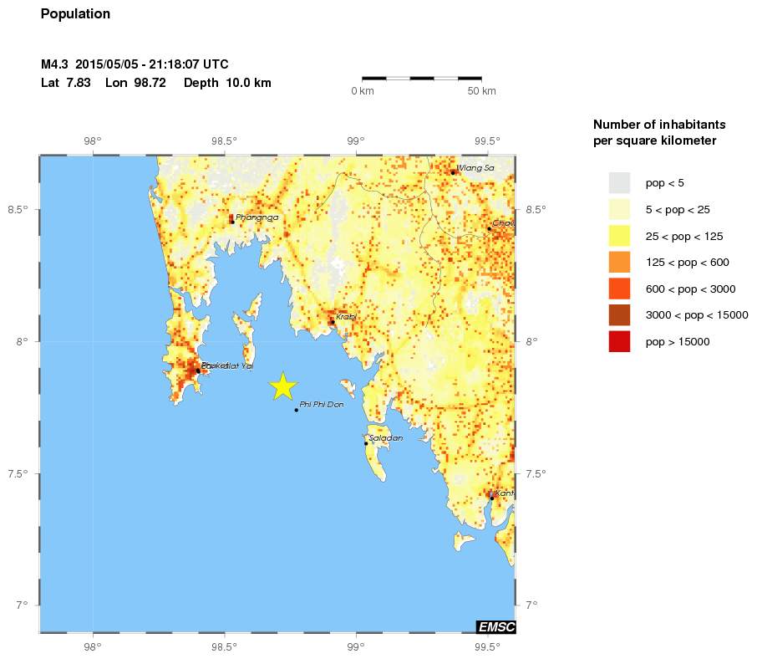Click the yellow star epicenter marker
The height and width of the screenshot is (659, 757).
tap(283, 386)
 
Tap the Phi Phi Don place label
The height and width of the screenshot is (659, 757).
tap(322, 405)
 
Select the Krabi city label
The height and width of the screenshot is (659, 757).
tap(346, 317)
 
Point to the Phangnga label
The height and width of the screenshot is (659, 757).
tap(257, 217)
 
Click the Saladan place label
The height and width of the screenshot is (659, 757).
tap(386, 438)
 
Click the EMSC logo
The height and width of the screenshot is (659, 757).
tap(495, 627)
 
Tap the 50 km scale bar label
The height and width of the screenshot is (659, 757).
tap(481, 91)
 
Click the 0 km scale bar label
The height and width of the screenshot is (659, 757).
tap(363, 91)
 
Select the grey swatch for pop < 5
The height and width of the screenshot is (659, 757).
tap(619, 182)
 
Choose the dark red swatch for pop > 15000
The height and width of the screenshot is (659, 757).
tap(619, 341)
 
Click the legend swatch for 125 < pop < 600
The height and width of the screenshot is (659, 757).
tap(619, 262)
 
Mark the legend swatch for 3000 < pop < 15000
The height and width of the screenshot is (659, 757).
tap(619, 314)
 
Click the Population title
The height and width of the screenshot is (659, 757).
tap(75, 14)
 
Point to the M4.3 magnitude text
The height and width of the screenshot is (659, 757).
tap(55, 64)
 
